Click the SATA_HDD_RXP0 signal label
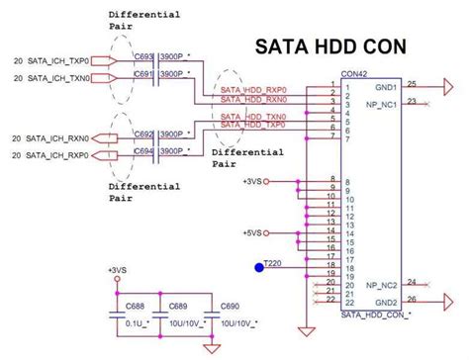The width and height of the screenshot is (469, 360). coord(253,89)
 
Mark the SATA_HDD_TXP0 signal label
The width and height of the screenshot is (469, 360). coord(253,127)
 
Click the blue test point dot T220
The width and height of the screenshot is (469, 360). coord(259,265)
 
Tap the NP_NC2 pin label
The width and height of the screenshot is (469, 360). coord(382,285)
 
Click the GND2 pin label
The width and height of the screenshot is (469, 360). coord(385,302)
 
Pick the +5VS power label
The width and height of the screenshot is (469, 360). coord(252,233)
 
